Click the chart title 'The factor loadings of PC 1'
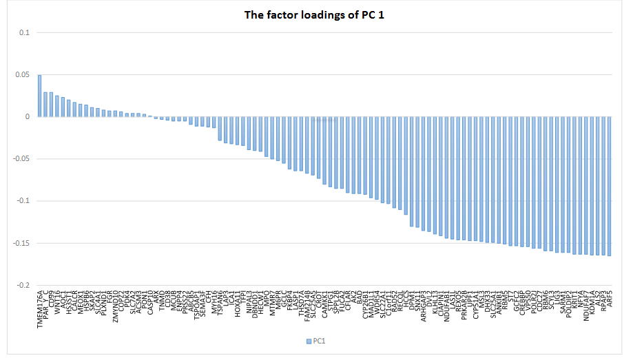coord(315,14)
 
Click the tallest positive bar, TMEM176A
coord(39,96)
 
